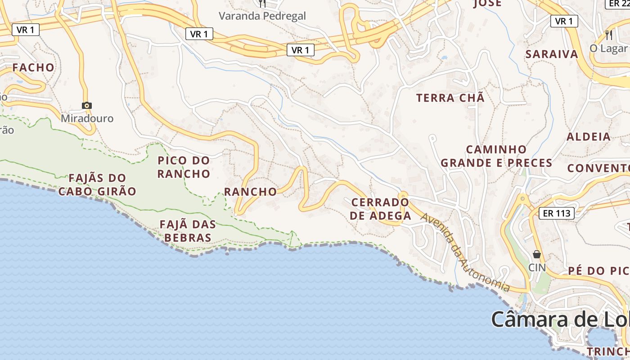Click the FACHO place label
tap(33, 67)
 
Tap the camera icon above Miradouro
tap(87, 105)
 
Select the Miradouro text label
tap(87, 118)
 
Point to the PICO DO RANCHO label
tap(184, 167)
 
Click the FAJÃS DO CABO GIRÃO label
tap(97, 184)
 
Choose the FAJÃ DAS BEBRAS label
tap(188, 231)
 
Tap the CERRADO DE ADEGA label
tap(380, 209)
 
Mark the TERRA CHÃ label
tap(450, 98)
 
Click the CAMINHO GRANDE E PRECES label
tap(496, 156)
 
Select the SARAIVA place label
tap(552, 54)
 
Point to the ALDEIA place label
tap(588, 137)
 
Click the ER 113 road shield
tap(557, 213)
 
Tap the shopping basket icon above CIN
tap(536, 254)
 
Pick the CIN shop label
tap(537, 267)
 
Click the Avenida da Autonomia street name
tap(465, 252)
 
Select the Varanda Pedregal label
tap(262, 16)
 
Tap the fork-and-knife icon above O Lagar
tap(608, 35)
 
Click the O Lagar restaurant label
tap(608, 48)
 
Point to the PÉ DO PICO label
tap(598, 270)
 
